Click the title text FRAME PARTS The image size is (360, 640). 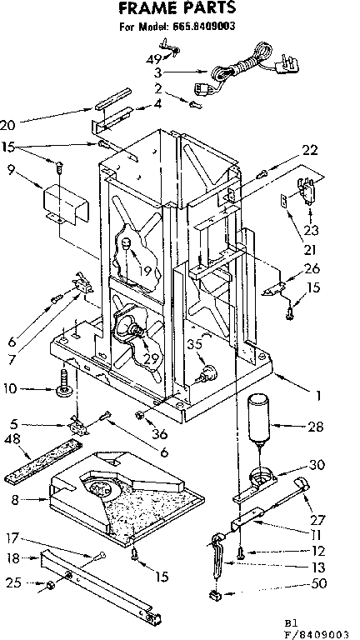click(177, 9)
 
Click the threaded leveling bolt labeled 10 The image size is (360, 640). click(64, 388)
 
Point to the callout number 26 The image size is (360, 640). click(312, 267)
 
